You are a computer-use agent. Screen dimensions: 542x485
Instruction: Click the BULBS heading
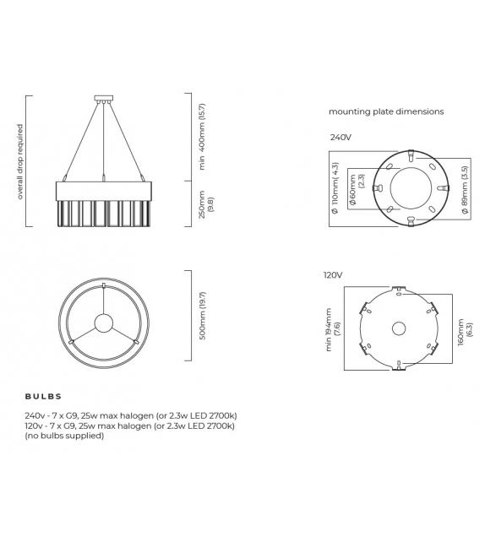tap(43, 396)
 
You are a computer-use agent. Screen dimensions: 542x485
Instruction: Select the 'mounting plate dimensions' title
tap(385, 111)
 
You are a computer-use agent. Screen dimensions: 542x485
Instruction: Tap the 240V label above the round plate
tap(341, 135)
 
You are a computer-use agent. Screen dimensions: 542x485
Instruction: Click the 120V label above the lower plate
tap(332, 275)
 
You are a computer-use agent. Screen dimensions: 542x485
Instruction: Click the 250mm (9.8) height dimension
tap(205, 203)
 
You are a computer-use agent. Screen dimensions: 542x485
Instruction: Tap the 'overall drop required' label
tap(19, 161)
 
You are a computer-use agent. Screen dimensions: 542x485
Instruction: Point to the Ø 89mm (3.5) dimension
tap(466, 190)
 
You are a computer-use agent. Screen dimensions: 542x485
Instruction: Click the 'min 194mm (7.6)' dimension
tap(332, 328)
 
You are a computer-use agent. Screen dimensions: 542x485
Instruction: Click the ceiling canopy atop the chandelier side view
tap(103, 98)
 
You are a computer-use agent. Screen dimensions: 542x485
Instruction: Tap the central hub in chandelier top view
tap(103, 322)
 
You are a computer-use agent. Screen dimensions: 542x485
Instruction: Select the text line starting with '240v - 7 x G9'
tap(131, 416)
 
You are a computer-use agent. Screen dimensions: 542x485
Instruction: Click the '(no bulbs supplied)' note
tap(64, 436)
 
